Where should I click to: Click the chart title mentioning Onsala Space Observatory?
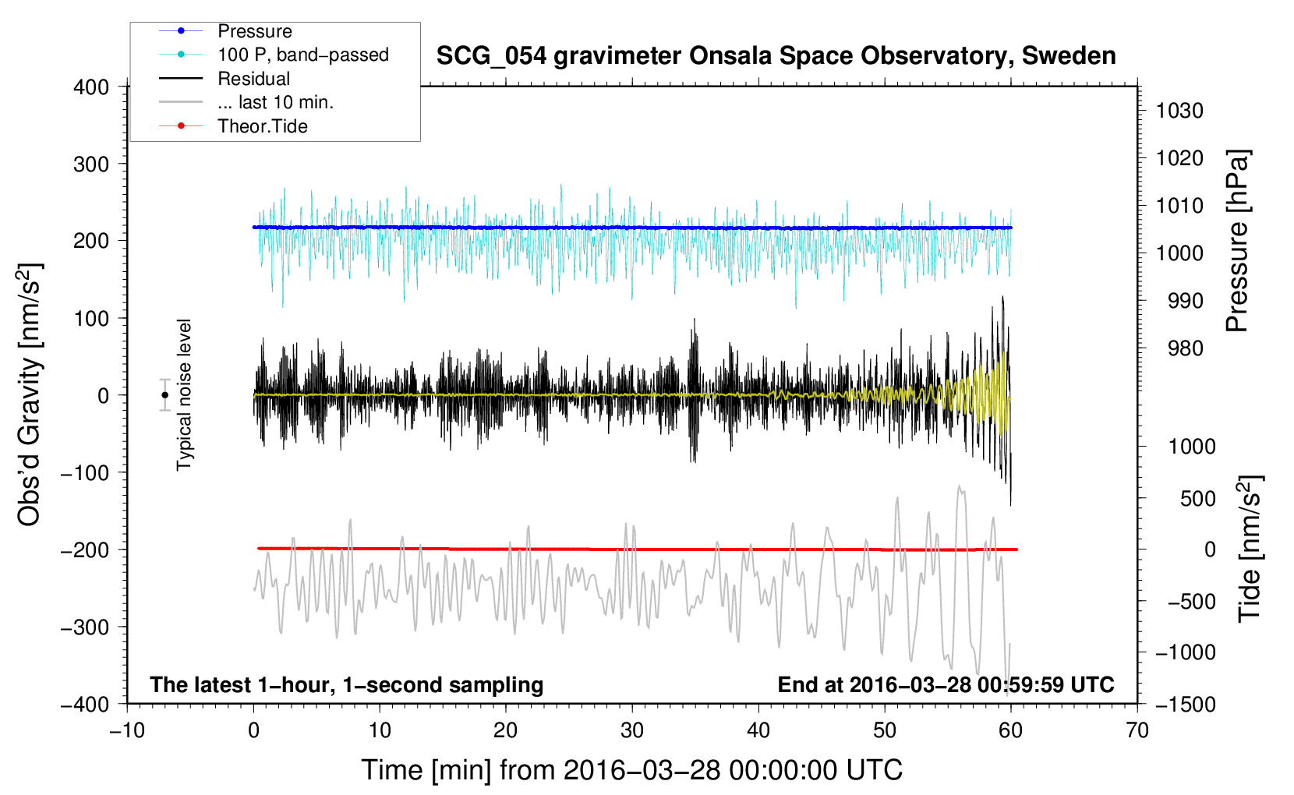[x=776, y=56]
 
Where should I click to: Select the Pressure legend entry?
[x=226, y=30]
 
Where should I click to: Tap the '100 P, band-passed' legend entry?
[x=274, y=55]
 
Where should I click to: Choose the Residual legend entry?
[x=225, y=78]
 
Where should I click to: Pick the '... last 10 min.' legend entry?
[x=246, y=102]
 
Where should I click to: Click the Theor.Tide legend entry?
[x=233, y=126]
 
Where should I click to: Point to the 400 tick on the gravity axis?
[x=91, y=87]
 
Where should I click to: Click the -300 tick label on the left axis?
[x=85, y=627]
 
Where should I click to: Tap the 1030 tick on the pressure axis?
[x=1179, y=111]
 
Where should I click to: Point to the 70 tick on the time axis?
[x=1137, y=730]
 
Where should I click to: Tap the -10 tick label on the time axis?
[x=127, y=730]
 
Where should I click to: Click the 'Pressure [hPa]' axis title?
[x=1237, y=241]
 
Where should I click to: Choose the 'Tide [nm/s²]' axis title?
[x=1250, y=549]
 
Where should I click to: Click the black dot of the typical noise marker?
[x=165, y=395]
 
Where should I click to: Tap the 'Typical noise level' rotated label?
[x=184, y=395]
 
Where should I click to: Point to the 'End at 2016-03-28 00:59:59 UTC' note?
[x=946, y=684]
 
